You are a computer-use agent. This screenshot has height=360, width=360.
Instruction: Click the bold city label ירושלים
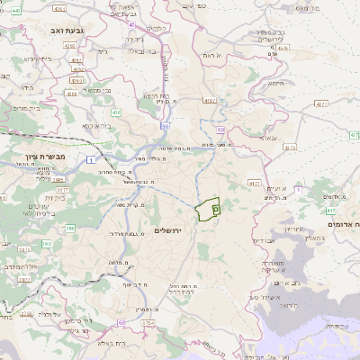pyautogui.click(x=168, y=231)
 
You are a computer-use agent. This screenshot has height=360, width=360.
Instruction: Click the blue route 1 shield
pyautogui.click(x=92, y=159)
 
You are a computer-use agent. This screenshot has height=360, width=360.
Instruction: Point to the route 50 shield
pyautogui.click(x=166, y=126)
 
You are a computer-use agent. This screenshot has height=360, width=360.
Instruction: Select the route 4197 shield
pyautogui.click(x=209, y=100)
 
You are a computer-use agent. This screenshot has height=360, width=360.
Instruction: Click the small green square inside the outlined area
pyautogui.click(x=215, y=208)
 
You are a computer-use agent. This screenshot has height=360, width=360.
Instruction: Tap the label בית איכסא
pyautogui.click(x=97, y=127)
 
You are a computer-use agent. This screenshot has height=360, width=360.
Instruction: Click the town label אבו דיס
pyautogui.click(x=264, y=241)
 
